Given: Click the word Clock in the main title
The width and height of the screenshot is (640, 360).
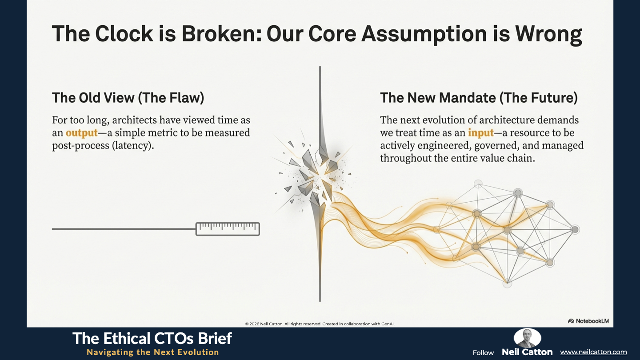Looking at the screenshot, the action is tap(124, 34).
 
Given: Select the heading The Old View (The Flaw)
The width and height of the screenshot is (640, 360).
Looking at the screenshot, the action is tap(128, 98).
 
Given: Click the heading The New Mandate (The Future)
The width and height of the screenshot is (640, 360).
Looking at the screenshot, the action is tap(479, 98).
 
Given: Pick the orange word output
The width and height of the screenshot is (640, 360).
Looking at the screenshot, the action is tap(82, 133).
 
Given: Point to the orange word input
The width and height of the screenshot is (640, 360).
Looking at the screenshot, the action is tap(481, 133).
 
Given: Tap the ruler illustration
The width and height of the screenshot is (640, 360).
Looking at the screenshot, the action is tap(228, 229).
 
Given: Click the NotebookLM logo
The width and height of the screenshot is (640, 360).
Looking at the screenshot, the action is tap(588, 321).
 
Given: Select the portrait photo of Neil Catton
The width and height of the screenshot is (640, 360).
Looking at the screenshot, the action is tap(527, 338).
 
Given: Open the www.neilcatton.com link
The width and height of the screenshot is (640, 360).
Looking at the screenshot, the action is tap(593, 352).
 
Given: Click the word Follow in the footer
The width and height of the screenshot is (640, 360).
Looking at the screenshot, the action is tap(483, 353).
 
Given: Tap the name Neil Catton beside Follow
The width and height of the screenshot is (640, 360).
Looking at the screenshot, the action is tap(527, 352).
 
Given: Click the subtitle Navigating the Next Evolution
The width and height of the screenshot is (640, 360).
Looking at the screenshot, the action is tap(153, 352).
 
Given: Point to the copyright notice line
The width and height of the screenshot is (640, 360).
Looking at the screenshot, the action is tap(320, 324).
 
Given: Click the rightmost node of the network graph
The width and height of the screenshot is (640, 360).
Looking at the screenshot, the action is tap(575, 229).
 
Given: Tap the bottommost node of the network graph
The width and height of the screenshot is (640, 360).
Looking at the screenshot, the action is tap(508, 284).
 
